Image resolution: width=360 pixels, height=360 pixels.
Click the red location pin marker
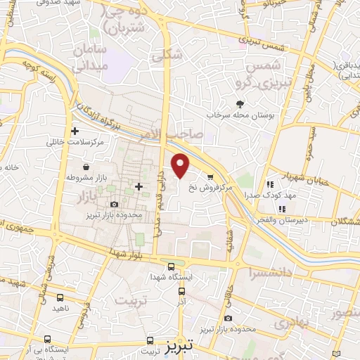click(x=181, y=165)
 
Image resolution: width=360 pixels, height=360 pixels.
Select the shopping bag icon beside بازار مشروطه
click(x=86, y=167)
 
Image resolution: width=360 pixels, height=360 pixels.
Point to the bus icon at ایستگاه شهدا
click(x=171, y=265)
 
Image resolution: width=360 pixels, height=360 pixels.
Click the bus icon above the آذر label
click(x=182, y=290)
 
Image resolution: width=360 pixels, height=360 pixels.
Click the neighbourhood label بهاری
click(x=288, y=325)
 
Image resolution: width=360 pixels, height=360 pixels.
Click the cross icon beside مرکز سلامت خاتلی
click(x=75, y=131)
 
